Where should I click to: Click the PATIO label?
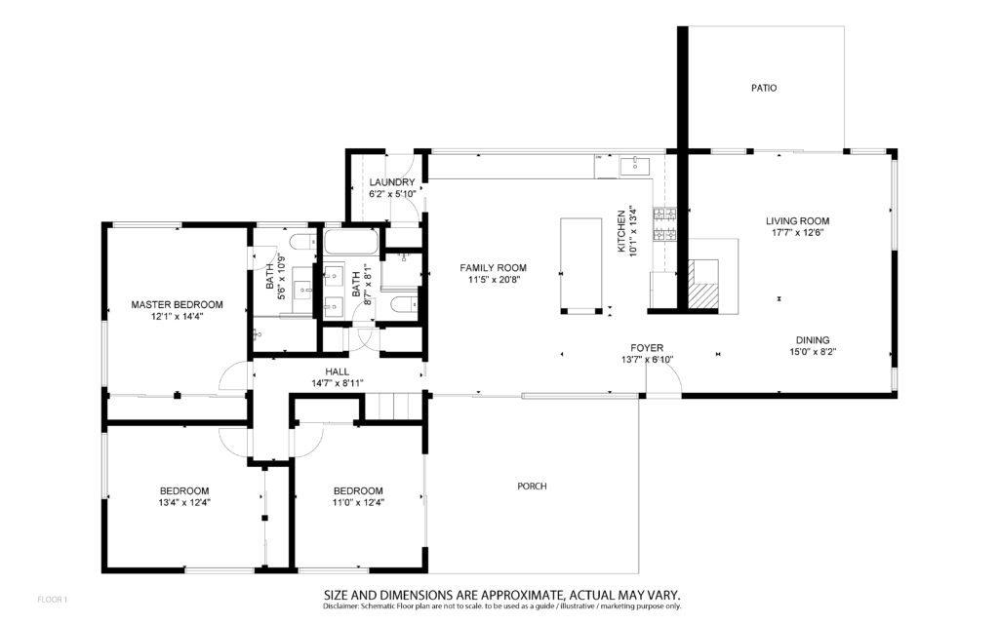763,88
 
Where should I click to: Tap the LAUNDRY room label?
392,182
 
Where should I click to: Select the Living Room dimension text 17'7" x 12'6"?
798,232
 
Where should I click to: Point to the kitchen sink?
634,166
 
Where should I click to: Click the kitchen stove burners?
664,225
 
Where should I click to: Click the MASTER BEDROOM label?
178,304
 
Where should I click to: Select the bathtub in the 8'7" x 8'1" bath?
351,243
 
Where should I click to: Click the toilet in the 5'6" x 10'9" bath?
301,243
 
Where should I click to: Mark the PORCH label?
532,486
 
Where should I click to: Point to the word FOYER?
647,348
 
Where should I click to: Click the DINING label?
813,340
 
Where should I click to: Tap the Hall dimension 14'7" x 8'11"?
337,383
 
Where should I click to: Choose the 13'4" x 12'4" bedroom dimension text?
184,502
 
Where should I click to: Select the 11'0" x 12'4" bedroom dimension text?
358,502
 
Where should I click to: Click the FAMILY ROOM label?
493,267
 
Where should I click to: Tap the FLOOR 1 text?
53,600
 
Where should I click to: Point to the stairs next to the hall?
394,406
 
